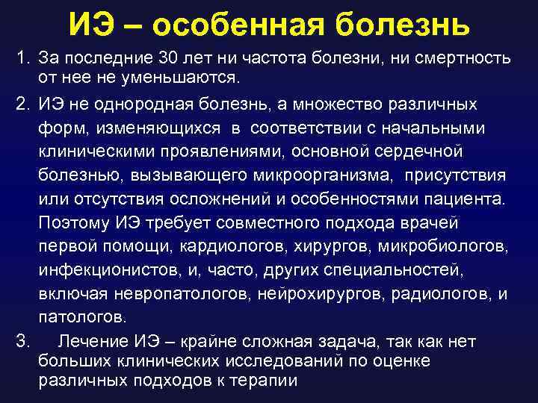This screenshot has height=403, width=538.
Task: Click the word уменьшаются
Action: point(173,77)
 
